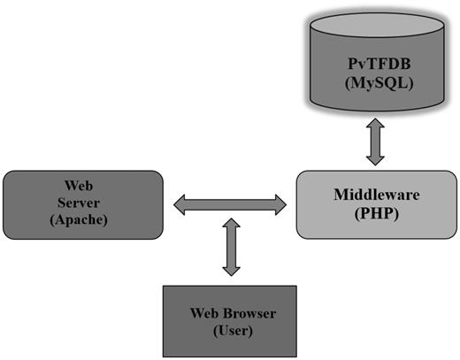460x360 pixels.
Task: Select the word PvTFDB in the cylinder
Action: pyautogui.click(x=377, y=67)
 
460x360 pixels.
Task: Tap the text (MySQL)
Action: pyautogui.click(x=377, y=86)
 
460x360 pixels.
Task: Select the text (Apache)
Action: pyautogui.click(x=79, y=219)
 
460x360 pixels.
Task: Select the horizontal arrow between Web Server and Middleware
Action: pyautogui.click(x=230, y=206)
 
